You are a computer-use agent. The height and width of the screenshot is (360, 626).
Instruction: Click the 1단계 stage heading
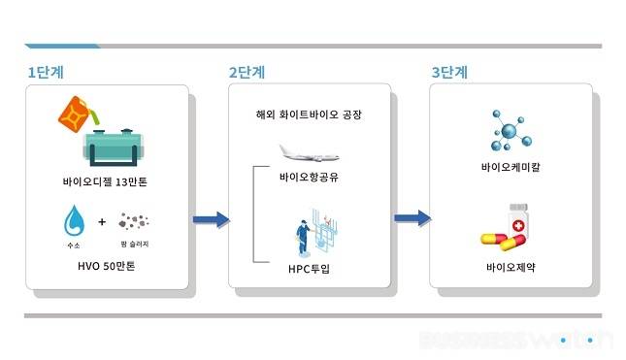click(46, 72)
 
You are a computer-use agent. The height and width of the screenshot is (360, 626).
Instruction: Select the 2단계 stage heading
click(247, 72)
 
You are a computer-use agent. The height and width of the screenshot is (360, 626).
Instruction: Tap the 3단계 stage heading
click(449, 72)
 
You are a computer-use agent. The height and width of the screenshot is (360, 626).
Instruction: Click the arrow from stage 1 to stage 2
click(211, 219)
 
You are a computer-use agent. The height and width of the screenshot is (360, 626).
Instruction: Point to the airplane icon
click(309, 152)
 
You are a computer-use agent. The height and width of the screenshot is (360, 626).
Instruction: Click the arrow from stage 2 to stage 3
click(412, 219)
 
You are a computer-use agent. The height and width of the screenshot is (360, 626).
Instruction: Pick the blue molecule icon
click(511, 130)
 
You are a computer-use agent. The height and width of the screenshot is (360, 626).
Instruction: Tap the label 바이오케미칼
click(511, 167)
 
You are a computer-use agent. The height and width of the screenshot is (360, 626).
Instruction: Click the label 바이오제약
click(511, 266)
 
